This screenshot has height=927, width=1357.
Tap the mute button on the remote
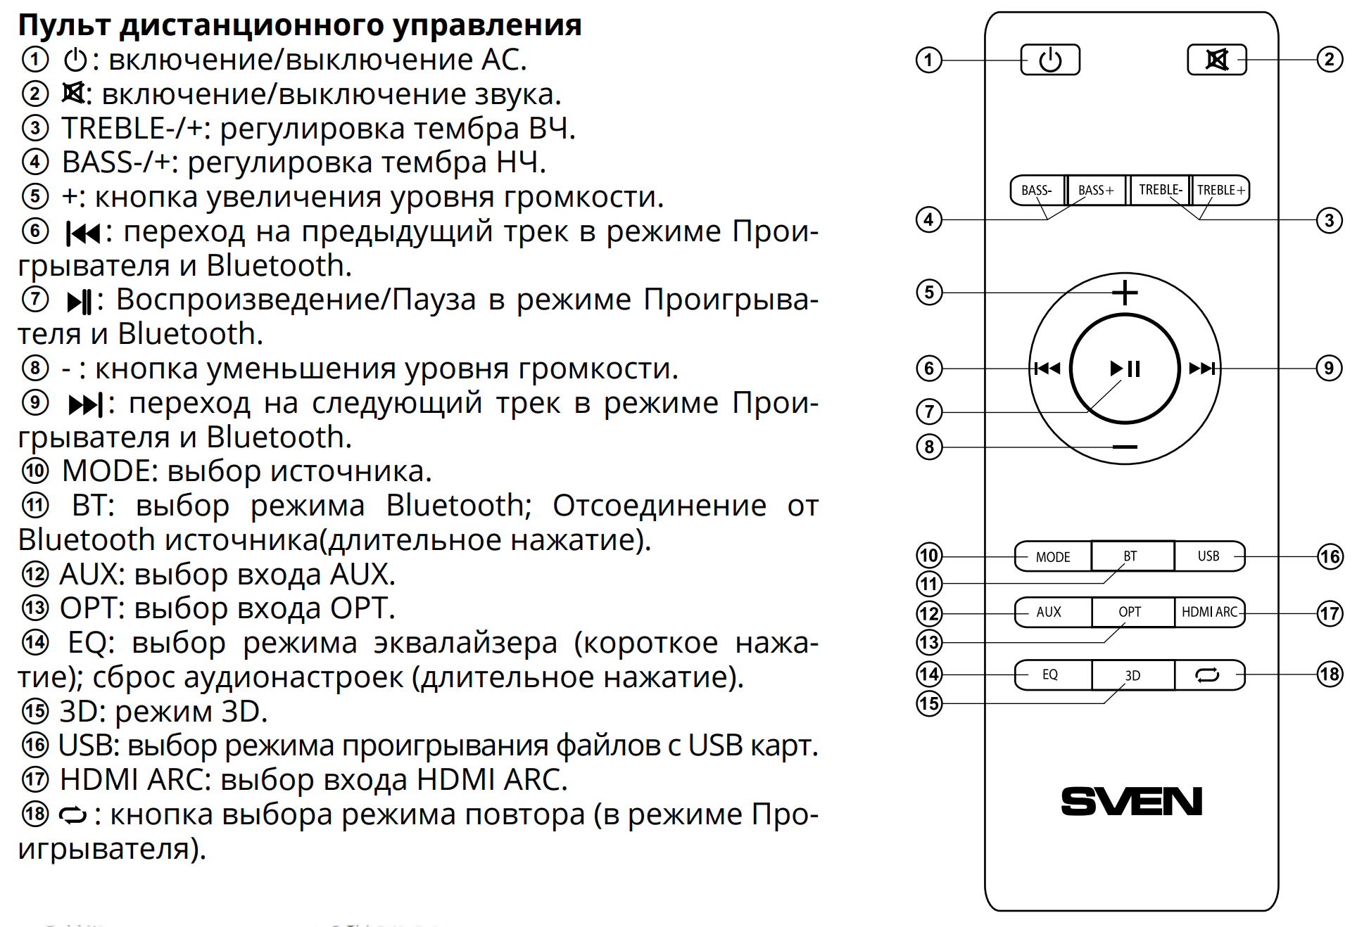(1216, 60)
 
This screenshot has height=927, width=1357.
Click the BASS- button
(1037, 191)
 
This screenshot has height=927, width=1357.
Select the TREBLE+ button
(1220, 191)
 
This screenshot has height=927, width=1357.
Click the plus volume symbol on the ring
(1125, 292)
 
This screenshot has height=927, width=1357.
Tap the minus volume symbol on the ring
(1125, 447)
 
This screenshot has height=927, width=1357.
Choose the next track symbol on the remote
(1202, 369)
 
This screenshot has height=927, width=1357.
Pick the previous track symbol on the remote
(1047, 369)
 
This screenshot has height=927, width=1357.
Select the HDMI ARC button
(1210, 612)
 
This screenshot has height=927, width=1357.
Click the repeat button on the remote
(1208, 675)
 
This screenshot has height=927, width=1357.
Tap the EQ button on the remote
(1052, 675)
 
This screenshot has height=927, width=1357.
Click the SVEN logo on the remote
(1131, 801)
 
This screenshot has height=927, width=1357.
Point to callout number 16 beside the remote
(1330, 557)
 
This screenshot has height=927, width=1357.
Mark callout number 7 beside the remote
(929, 411)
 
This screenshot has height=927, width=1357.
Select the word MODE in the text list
(109, 471)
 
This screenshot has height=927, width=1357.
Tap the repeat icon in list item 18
(72, 816)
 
